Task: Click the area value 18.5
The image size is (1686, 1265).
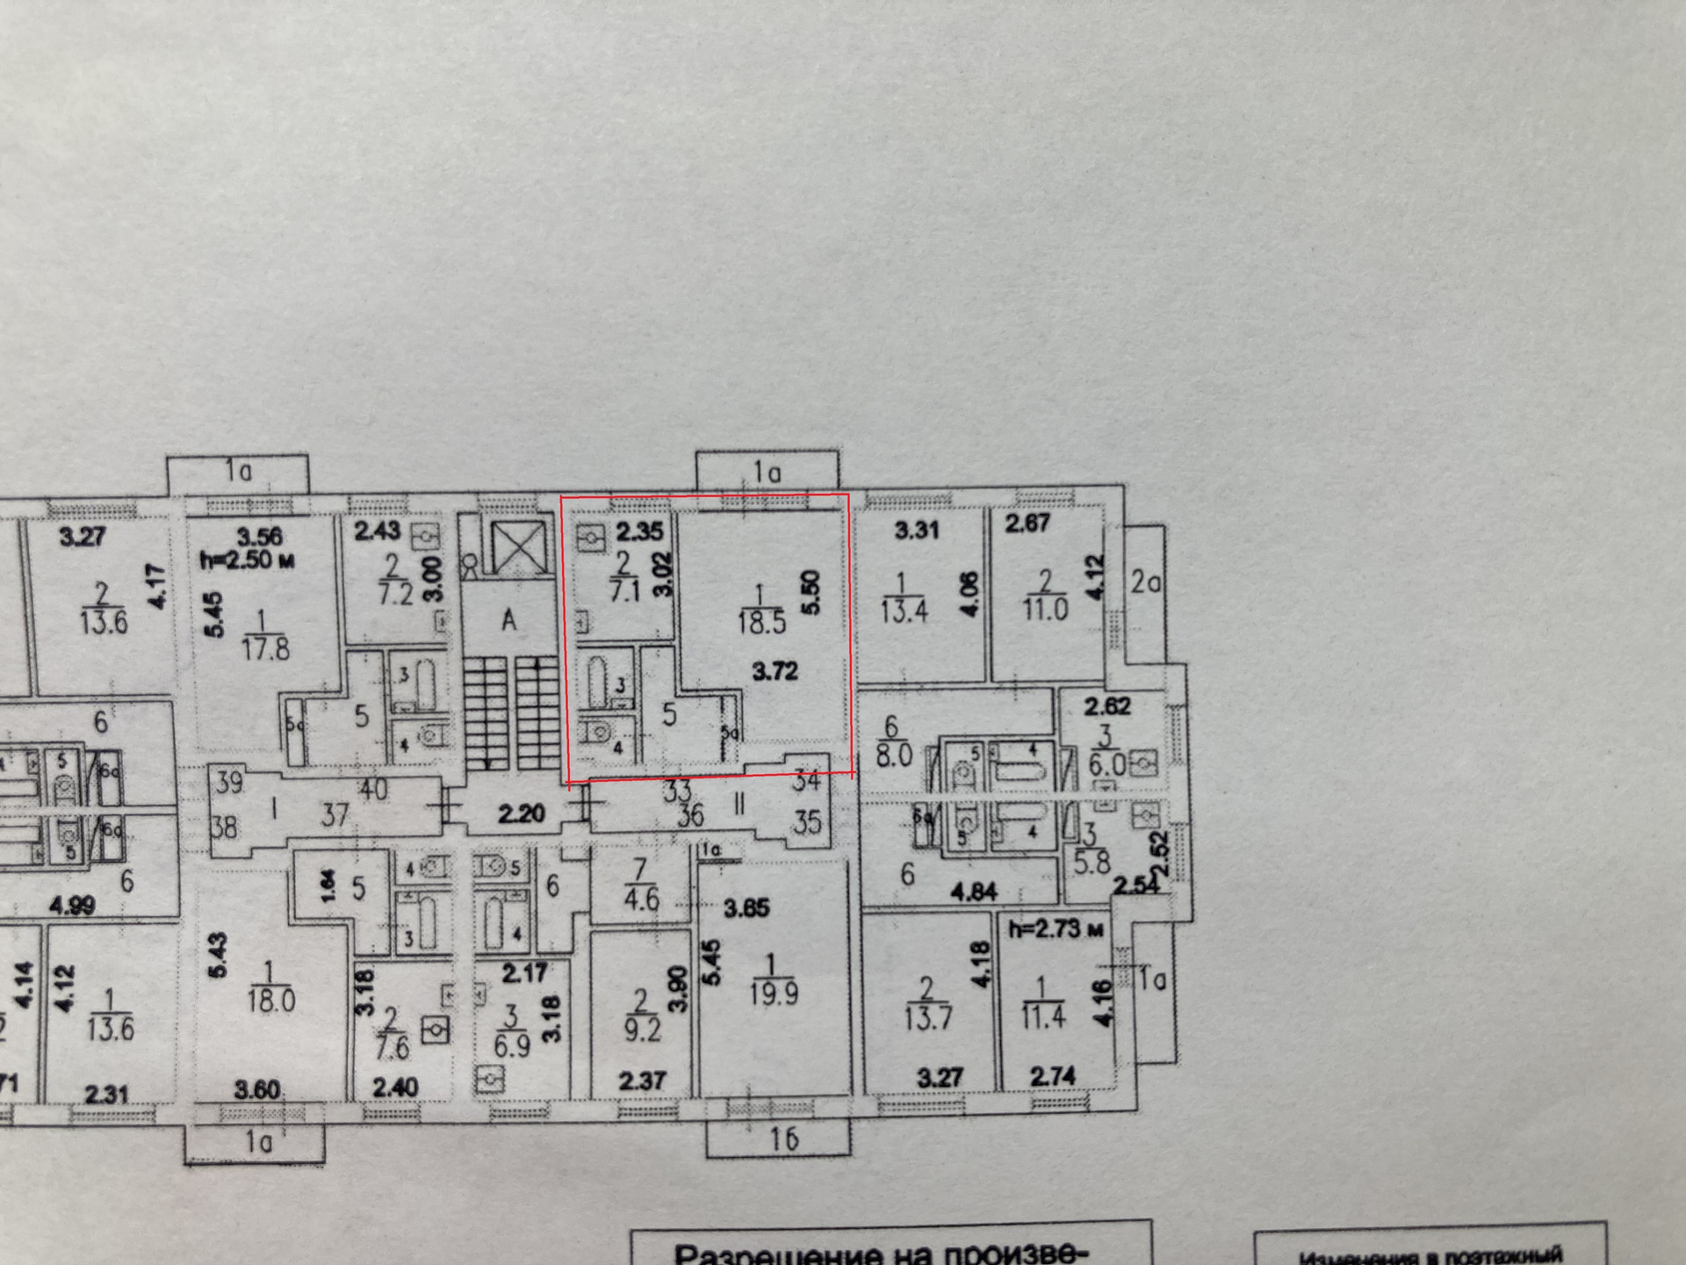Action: [761, 622]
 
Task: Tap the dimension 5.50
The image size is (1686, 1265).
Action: [810, 593]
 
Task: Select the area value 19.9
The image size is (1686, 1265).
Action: [774, 994]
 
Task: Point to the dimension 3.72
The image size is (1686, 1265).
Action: [775, 672]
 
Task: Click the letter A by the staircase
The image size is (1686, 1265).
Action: [509, 621]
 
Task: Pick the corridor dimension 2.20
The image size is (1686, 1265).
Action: [522, 814]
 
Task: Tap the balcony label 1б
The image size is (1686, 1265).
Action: [783, 1139]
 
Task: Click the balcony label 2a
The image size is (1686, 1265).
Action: [1145, 582]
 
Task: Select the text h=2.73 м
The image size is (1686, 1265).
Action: [1056, 929]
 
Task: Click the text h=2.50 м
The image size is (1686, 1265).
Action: [247, 560]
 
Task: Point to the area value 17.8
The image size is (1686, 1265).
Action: [265, 649]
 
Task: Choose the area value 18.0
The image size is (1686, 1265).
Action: [270, 1000]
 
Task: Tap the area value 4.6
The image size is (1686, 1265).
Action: [641, 900]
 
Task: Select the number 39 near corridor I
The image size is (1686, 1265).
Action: [229, 782]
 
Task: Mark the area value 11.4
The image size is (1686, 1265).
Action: [1043, 1016]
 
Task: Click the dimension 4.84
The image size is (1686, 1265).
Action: [973, 893]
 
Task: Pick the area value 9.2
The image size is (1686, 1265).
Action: [642, 1029]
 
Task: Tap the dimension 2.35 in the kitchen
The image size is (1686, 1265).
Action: [639, 531]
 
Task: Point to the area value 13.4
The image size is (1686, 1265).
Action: [904, 611]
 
